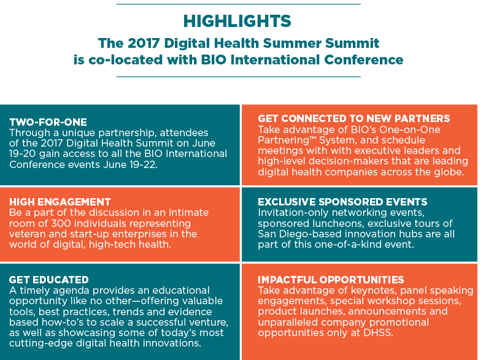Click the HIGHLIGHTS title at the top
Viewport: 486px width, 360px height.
pyautogui.click(x=237, y=21)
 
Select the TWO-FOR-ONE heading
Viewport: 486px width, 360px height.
pyautogui.click(x=48, y=122)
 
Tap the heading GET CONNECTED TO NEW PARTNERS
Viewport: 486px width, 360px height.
pyautogui.click(x=353, y=118)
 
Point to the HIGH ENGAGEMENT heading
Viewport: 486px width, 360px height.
pyautogui.click(x=60, y=202)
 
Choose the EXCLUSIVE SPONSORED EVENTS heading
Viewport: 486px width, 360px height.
pyautogui.click(x=342, y=202)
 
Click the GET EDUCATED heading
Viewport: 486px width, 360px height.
pyautogui.click(x=49, y=280)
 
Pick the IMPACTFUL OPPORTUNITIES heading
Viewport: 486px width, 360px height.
pyautogui.click(x=331, y=280)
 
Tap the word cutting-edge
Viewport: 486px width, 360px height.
pyautogui.click(x=41, y=343)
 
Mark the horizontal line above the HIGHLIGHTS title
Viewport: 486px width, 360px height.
pyautogui.click(x=239, y=4)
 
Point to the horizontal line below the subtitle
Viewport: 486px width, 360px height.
pyautogui.click(x=239, y=77)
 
